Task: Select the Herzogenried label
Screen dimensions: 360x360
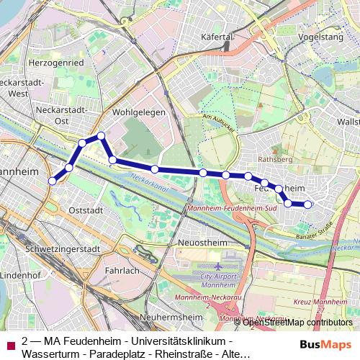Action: [57, 63]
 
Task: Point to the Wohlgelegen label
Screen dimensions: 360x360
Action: [139, 112]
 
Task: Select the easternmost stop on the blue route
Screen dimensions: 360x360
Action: [308, 204]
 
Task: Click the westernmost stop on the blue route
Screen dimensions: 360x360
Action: [52, 181]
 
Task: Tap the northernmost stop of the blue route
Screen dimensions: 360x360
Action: [102, 135]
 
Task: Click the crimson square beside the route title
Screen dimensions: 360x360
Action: [10, 346]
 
